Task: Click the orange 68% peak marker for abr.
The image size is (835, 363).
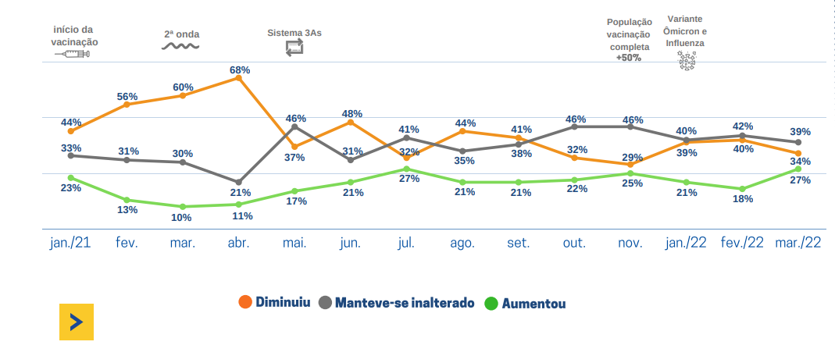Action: [238, 77]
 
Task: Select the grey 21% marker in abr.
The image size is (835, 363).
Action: [238, 182]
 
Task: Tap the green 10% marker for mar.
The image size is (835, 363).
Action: [182, 206]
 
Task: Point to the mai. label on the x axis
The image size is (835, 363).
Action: [294, 243]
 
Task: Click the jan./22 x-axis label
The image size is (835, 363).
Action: [686, 243]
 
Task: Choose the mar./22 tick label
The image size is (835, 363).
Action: [798, 243]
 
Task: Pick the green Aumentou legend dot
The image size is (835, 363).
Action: [492, 303]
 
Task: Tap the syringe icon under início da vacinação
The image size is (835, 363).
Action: [73, 54]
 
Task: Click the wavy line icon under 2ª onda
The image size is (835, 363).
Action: [180, 46]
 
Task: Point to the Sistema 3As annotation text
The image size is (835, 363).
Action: [294, 34]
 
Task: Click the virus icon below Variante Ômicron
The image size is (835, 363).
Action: [686, 61]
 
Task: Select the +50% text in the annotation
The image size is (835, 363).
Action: [628, 58]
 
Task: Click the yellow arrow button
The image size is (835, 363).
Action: [76, 322]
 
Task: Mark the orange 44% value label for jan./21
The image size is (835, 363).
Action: [71, 122]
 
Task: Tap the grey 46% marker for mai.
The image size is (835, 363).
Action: [294, 126]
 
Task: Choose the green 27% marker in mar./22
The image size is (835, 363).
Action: [798, 169]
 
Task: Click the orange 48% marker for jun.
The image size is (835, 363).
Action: [351, 123]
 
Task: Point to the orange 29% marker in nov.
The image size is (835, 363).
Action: [630, 165]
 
